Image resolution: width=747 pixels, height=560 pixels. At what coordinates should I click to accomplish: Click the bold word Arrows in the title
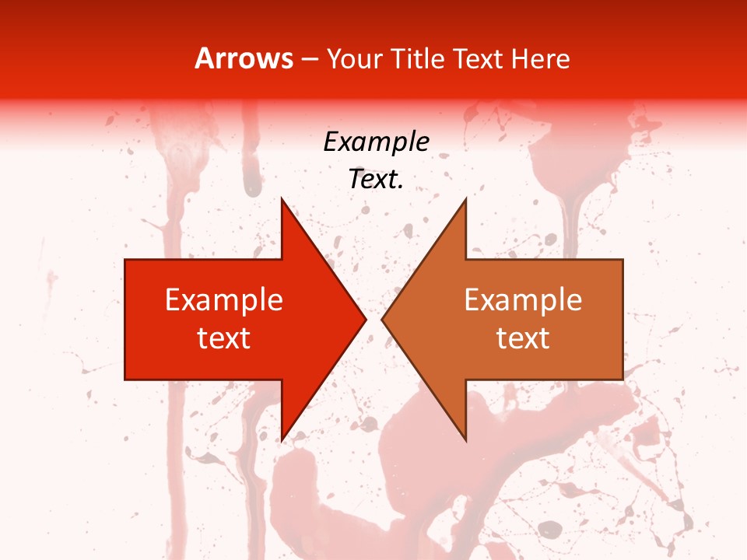(244, 58)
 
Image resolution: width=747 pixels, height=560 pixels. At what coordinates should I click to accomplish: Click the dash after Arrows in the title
(309, 60)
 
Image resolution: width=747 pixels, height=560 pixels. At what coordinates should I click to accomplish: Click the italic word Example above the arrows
(376, 142)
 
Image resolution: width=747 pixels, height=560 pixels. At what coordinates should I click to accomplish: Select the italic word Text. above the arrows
(376, 180)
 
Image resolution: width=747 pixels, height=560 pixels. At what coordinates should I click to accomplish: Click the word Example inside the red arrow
(224, 299)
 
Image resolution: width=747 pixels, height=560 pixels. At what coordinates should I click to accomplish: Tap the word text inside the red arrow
(224, 338)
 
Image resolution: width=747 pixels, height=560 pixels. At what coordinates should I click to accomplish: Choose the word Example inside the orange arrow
(523, 299)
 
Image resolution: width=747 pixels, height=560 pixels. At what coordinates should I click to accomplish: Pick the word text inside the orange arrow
(523, 338)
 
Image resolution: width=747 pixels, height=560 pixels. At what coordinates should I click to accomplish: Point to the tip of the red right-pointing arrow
(366, 319)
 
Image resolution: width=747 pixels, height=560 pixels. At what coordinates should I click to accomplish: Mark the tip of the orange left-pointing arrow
(382, 319)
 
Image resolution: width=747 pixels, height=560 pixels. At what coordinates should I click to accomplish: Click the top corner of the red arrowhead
(282, 199)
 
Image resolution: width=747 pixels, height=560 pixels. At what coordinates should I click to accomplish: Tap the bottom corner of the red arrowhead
(282, 440)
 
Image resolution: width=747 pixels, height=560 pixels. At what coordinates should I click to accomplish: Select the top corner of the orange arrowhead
(465, 199)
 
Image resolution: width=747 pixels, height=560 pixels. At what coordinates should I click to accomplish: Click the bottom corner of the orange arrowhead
(465, 440)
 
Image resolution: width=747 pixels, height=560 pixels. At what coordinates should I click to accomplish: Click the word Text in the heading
(476, 58)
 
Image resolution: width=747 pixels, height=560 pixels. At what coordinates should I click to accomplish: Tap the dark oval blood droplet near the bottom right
(550, 529)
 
